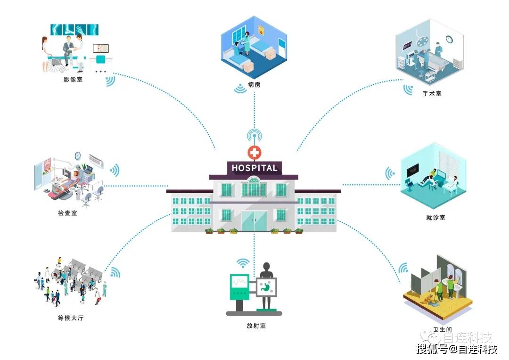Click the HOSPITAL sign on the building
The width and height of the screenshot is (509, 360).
[254, 168]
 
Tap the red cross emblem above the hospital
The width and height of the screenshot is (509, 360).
[254, 152]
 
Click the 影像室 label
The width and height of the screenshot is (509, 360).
[73, 80]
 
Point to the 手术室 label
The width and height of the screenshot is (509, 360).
[432, 94]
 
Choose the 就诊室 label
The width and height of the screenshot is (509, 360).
[435, 217]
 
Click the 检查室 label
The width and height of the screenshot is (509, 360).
[67, 213]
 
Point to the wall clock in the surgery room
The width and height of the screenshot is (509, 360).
[450, 39]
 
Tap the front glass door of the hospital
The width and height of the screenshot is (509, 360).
[254, 221]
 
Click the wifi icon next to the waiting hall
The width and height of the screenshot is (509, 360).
[115, 272]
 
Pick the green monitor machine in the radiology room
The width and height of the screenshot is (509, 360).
[239, 287]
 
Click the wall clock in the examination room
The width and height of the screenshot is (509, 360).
[78, 155]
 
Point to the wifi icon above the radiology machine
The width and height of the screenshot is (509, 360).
[243, 263]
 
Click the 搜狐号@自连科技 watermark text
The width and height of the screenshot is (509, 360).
[457, 350]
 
